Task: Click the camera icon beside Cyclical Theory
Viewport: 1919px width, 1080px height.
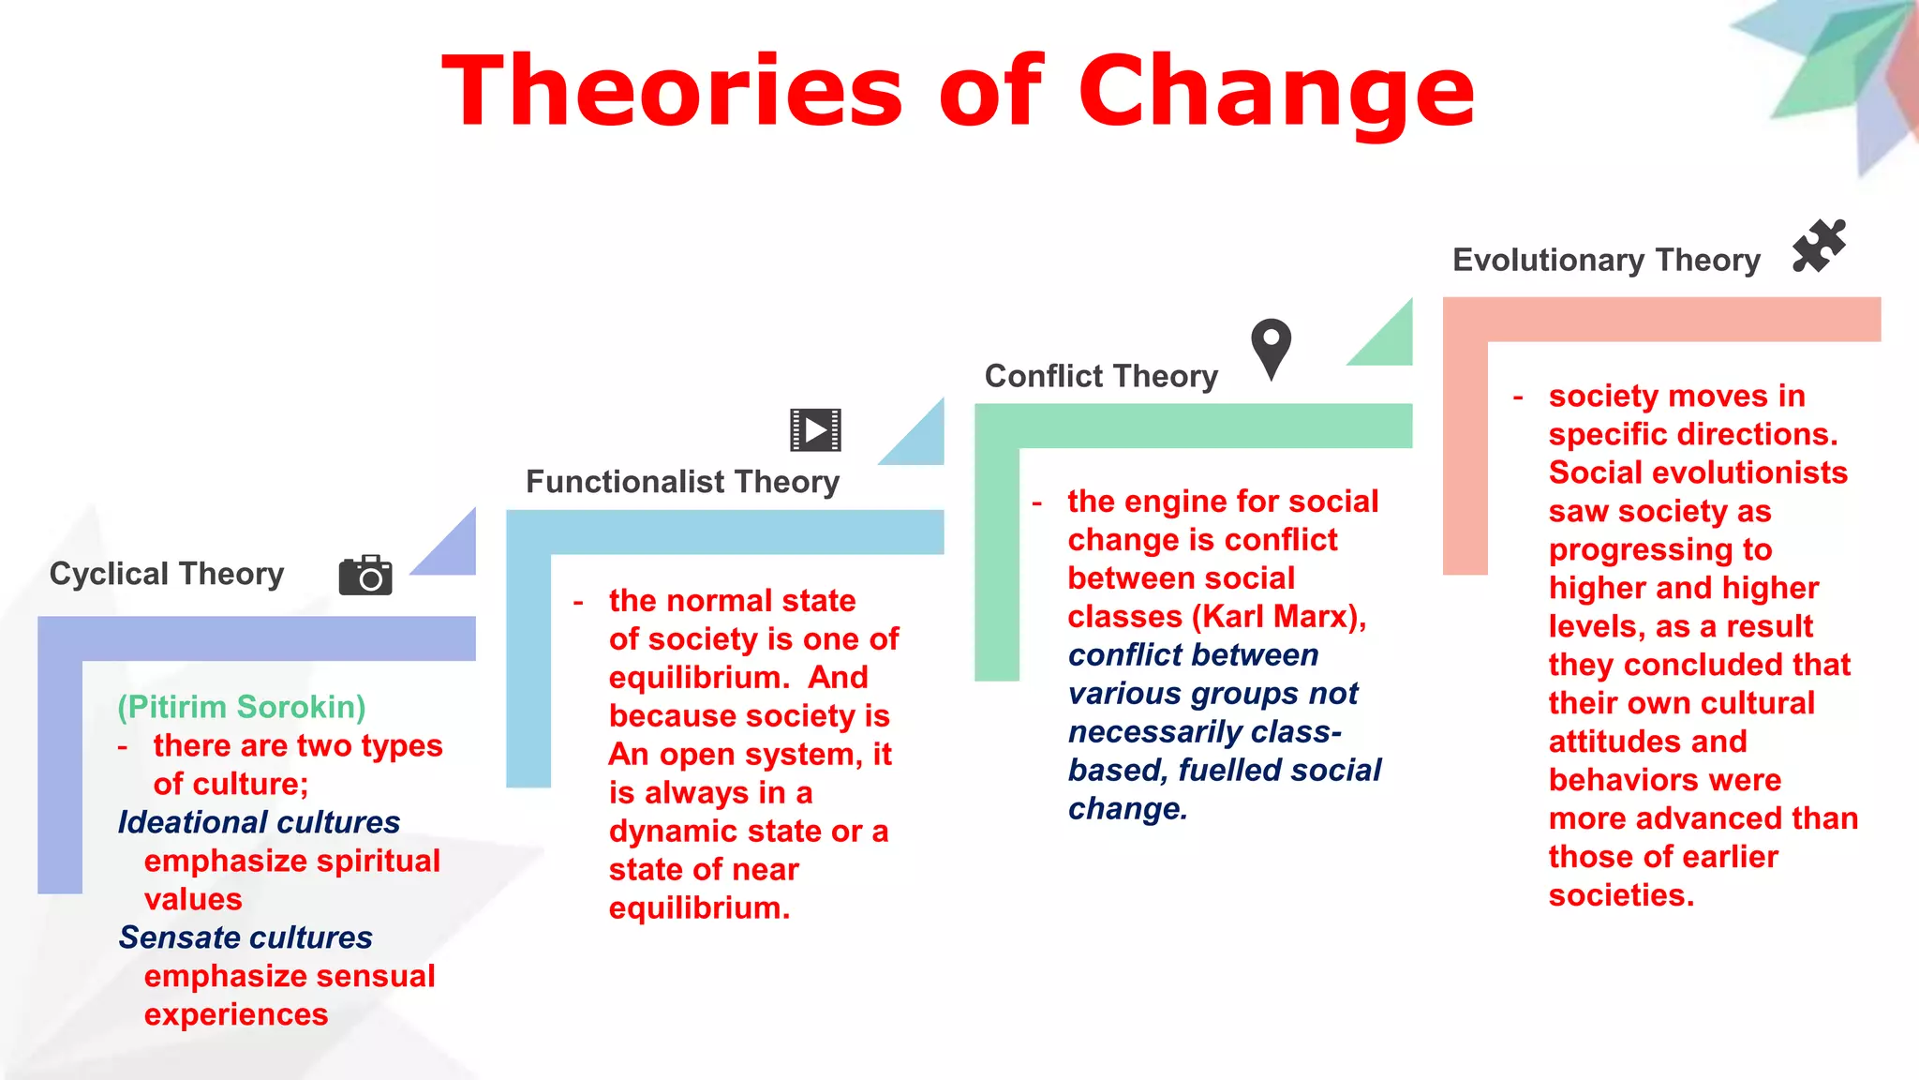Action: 365,575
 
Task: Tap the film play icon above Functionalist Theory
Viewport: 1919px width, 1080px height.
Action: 815,430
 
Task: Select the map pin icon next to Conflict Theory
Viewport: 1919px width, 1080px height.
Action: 1271,348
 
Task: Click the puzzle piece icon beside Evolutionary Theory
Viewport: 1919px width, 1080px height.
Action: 1819,247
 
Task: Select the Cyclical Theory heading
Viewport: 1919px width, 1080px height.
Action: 167,574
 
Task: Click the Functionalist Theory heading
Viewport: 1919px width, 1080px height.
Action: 682,482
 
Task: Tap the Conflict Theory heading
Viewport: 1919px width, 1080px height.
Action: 1101,376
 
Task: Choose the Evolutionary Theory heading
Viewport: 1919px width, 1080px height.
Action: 1606,260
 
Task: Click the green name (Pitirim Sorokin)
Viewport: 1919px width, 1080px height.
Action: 242,707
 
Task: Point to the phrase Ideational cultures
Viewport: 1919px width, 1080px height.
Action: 259,822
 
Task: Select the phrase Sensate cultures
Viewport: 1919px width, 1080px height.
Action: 245,937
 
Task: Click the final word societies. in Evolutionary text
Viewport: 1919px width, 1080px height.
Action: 1621,895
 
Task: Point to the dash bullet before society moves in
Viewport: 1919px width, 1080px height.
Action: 1518,397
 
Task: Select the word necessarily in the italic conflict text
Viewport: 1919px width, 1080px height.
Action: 1152,732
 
